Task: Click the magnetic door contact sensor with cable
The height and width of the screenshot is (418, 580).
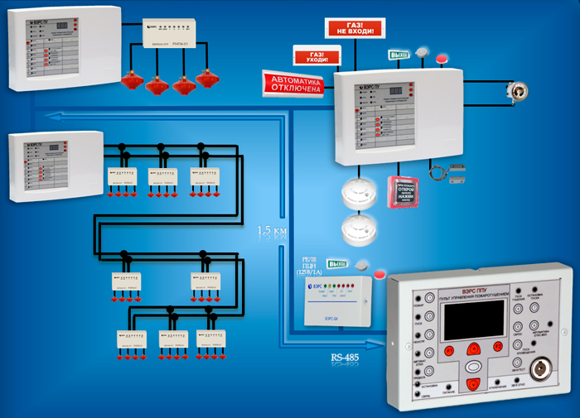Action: (x=454, y=175)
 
